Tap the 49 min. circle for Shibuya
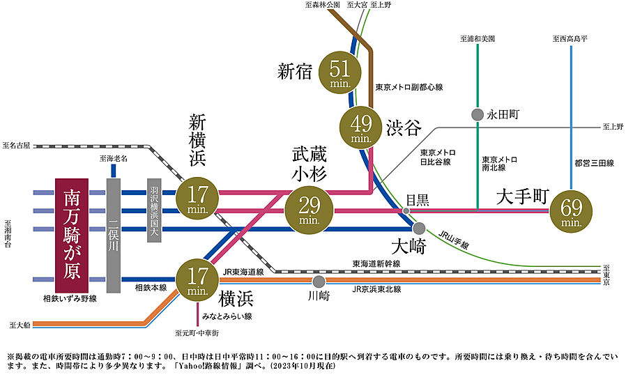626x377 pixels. (360, 128)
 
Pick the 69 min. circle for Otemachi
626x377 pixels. (571, 210)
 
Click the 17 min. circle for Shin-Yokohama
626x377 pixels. (198, 198)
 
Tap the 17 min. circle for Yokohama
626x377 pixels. (198, 279)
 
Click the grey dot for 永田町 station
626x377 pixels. (477, 114)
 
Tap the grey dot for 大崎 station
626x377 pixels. (419, 228)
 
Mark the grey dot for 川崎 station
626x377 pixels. (319, 281)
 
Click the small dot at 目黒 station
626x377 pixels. (405, 210)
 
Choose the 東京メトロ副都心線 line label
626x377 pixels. (409, 88)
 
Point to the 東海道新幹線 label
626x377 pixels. (376, 263)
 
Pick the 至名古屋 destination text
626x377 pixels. (17, 146)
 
